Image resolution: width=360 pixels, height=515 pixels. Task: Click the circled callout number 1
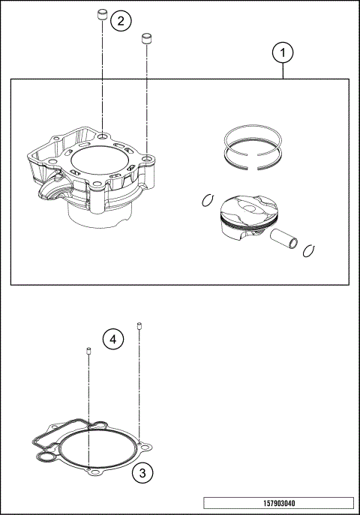coord(283,53)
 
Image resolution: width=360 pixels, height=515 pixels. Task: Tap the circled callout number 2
coord(121,20)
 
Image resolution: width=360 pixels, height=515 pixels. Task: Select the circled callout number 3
coord(142,473)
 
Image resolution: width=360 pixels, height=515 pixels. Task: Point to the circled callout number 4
coord(112,340)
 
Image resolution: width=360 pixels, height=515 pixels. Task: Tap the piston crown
coord(244,206)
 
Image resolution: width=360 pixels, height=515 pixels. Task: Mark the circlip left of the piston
coord(208,199)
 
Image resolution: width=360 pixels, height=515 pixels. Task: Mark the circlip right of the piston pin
coord(307,250)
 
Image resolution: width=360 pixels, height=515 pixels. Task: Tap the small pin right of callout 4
coord(139,325)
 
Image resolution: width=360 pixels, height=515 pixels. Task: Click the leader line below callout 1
coord(283,71)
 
